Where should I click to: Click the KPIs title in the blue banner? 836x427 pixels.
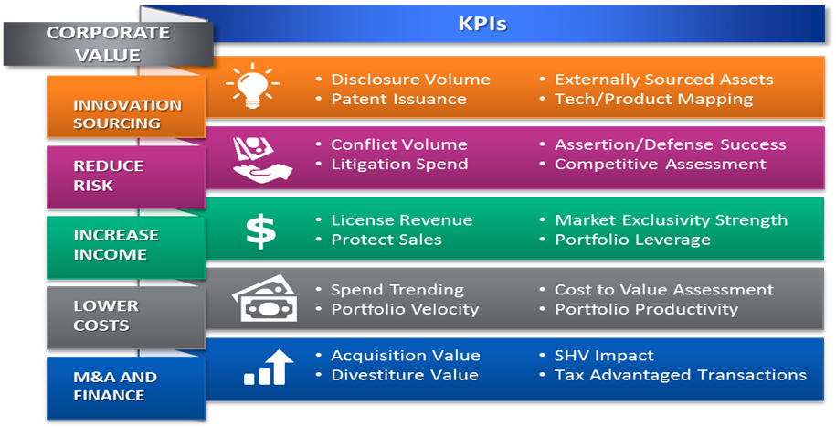(482, 24)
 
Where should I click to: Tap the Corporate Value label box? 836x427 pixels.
(108, 44)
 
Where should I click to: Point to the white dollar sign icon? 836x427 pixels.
(260, 230)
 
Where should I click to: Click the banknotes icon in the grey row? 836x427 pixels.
(264, 298)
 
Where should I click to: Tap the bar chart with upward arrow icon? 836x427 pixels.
(269, 368)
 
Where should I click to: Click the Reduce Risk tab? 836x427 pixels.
(126, 176)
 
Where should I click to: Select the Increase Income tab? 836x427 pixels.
(126, 247)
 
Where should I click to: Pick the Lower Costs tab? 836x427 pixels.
(126, 317)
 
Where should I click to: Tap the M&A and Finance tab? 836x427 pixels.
(126, 388)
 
